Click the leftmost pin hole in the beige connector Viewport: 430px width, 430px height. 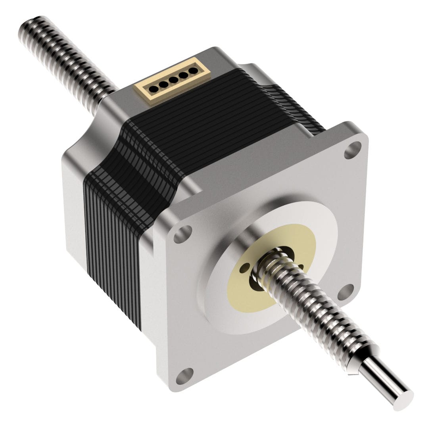point(153,86)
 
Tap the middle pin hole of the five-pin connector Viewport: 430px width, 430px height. point(173,79)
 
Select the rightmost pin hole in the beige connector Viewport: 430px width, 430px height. point(194,71)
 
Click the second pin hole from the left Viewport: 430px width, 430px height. point(163,83)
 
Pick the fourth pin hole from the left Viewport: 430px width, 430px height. point(184,75)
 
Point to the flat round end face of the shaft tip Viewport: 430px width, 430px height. point(403,401)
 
